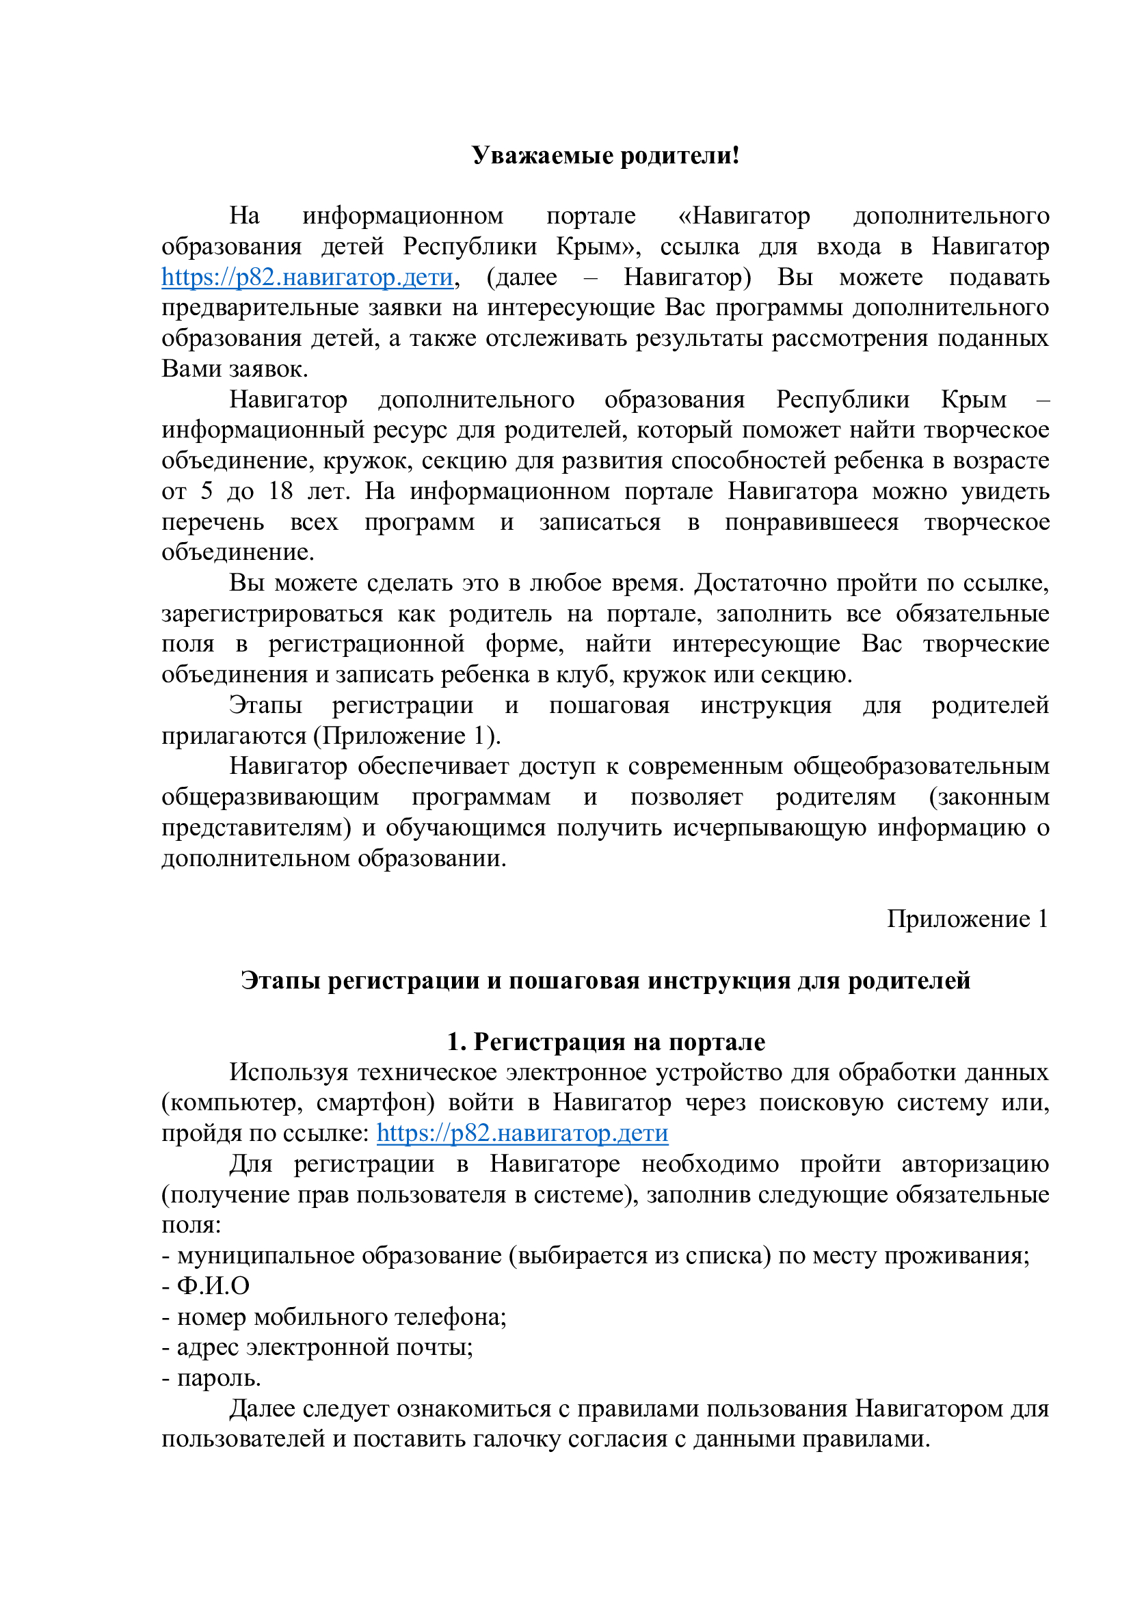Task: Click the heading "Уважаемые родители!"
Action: point(604,155)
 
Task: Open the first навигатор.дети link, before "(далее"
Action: point(307,277)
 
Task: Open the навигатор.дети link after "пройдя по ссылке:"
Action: point(522,1133)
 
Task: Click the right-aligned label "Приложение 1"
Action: point(968,919)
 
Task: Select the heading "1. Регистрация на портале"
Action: point(606,1042)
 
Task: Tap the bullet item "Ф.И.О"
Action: point(213,1287)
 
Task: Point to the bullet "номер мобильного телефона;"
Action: point(341,1317)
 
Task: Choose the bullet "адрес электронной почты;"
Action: point(325,1347)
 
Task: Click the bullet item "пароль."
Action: point(219,1378)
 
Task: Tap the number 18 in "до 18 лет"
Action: point(281,491)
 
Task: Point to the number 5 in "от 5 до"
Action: point(206,491)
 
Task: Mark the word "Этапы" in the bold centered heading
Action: point(280,980)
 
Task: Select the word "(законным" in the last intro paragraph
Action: point(989,796)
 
